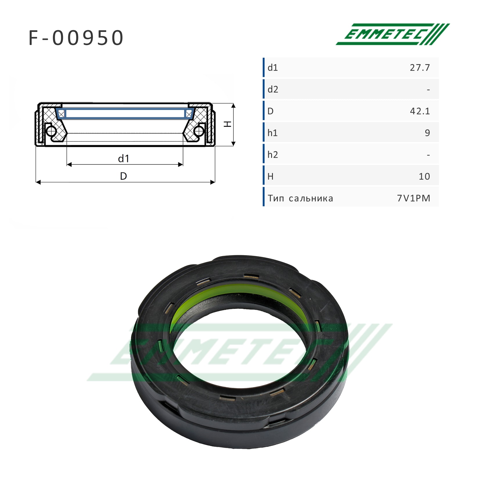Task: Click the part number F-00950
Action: coord(76,38)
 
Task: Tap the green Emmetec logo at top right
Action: coord(392,34)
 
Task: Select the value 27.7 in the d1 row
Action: coord(420,68)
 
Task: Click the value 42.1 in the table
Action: coord(420,111)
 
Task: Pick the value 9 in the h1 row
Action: coord(427,133)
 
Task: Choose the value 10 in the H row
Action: coord(424,177)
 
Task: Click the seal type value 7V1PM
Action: coord(414,198)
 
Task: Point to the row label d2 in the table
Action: coord(273,89)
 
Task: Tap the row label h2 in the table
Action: coord(273,155)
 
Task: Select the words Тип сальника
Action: coord(300,199)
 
